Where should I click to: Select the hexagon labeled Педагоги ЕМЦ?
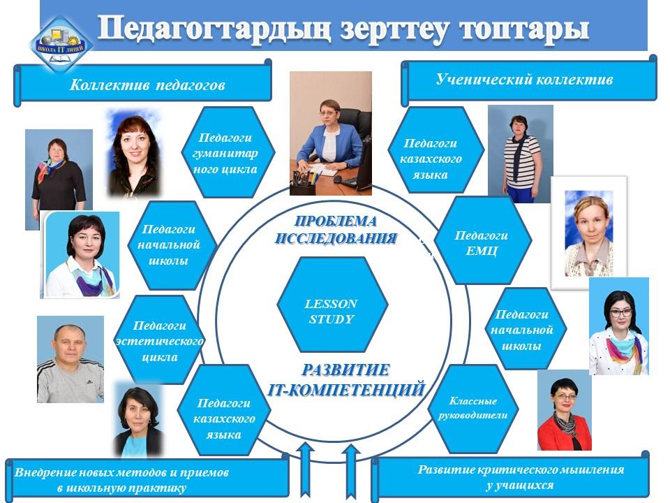[481, 242]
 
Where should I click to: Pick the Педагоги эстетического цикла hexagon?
[159, 340]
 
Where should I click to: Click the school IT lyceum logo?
[61, 43]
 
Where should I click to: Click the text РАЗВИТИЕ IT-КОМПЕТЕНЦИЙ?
[346, 380]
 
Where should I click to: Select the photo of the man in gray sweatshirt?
[70, 359]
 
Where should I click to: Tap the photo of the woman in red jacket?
[564, 411]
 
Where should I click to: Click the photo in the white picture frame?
[589, 233]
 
